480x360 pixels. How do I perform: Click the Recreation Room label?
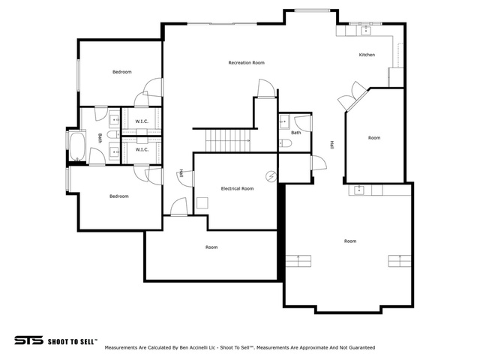(247, 63)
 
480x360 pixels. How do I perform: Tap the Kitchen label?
(367, 55)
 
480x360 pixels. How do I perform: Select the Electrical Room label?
(237, 188)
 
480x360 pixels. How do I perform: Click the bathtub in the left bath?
(76, 145)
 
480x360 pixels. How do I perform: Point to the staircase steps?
(228, 140)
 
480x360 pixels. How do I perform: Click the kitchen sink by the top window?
(366, 31)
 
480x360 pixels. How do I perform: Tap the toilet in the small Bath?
(286, 143)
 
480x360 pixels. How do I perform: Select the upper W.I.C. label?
(142, 121)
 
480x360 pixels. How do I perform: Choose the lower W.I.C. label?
(142, 150)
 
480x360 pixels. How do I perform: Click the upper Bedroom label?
(121, 72)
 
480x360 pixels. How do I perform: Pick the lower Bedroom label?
(119, 196)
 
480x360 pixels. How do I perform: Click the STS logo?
(28, 340)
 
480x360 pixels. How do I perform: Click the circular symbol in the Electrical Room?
(271, 176)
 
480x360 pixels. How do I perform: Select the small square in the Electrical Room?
(202, 203)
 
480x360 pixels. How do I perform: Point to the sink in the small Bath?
(284, 121)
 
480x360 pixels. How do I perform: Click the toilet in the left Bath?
(113, 134)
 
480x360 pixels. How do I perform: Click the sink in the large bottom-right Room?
(358, 190)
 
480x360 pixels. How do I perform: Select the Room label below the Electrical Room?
(211, 247)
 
